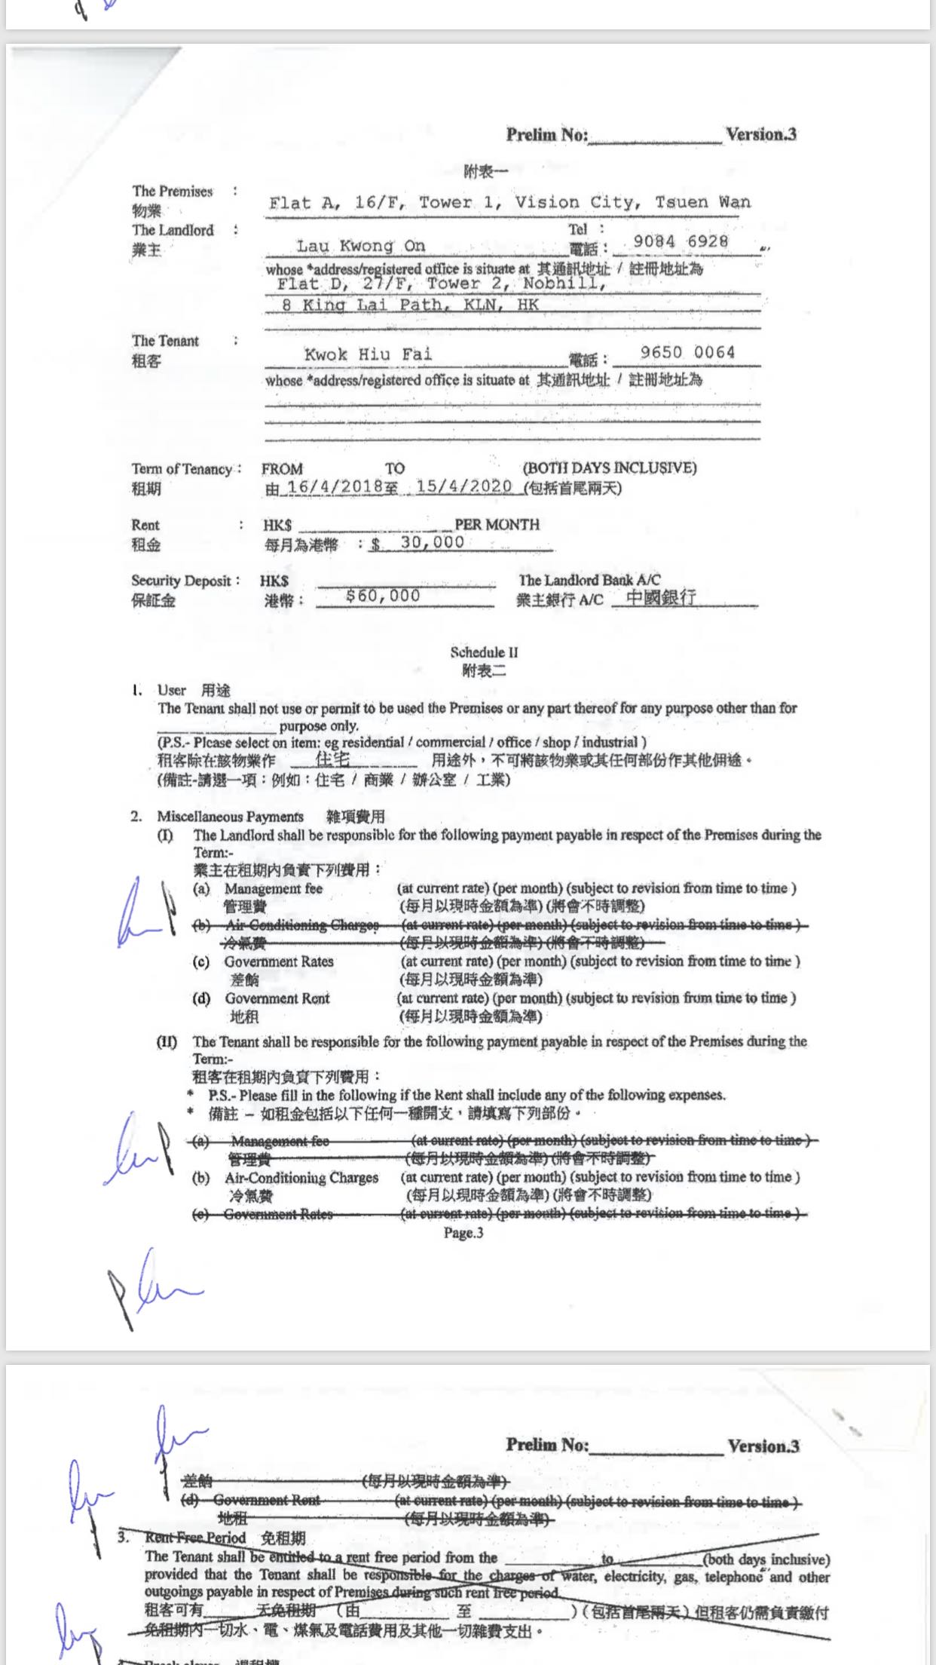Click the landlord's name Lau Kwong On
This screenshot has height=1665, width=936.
(360, 246)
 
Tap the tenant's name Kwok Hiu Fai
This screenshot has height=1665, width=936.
(368, 354)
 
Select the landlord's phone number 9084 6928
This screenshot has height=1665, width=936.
(681, 241)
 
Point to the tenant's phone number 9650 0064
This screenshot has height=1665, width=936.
(687, 352)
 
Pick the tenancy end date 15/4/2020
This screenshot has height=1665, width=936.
(463, 486)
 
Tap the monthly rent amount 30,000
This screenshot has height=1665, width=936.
(432, 542)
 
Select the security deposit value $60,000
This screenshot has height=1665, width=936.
(383, 596)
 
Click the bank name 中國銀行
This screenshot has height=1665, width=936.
(661, 598)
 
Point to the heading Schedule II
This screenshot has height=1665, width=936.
(484, 652)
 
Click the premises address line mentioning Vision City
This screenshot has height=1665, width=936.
(509, 202)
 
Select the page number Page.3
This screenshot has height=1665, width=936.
(463, 1233)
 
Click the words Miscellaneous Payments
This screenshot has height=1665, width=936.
(230, 817)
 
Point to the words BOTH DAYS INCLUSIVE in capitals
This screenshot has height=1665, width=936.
(609, 468)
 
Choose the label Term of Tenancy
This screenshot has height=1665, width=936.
(182, 469)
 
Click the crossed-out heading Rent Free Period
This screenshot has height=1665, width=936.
(195, 1538)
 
